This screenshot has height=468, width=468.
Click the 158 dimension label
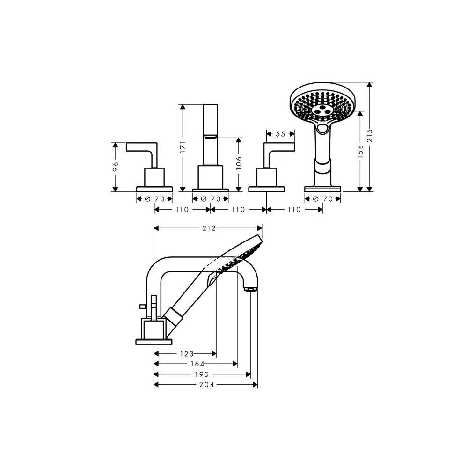pyautogui.click(x=360, y=151)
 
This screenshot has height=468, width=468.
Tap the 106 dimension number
pyautogui.click(x=239, y=163)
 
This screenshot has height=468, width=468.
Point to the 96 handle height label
pyautogui.click(x=116, y=166)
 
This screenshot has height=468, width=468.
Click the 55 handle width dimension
pyautogui.click(x=280, y=134)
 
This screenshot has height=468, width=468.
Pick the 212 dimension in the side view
pyautogui.click(x=209, y=228)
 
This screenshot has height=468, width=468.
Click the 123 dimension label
pyautogui.click(x=187, y=354)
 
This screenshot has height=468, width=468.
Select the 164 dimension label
pyautogui.click(x=197, y=364)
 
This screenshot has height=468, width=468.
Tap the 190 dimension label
pyautogui.click(x=202, y=374)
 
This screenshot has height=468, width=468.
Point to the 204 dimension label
pyautogui.click(x=207, y=385)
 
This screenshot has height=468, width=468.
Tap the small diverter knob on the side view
pyautogui.click(x=142, y=306)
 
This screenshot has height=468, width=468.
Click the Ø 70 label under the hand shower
pyautogui.click(x=322, y=199)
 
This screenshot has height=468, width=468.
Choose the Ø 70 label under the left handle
pyautogui.click(x=154, y=199)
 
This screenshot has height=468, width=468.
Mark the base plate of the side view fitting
pyautogui.click(x=154, y=342)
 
